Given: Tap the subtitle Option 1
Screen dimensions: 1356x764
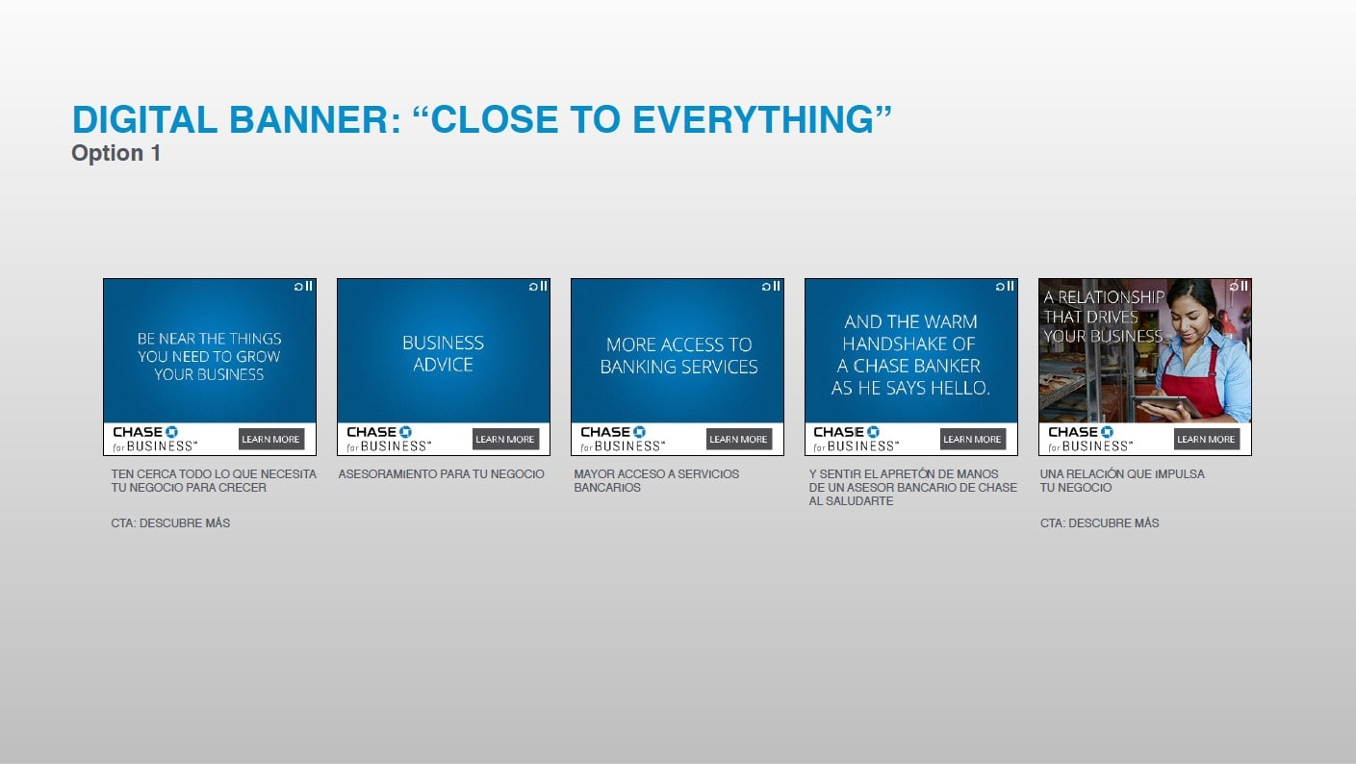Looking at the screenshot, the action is (x=116, y=153).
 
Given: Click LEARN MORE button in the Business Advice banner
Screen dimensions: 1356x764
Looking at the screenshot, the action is (x=505, y=439).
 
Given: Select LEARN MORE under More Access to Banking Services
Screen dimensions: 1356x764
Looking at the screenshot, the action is (x=738, y=439).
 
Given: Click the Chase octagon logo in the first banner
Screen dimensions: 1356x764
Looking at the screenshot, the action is (x=172, y=432).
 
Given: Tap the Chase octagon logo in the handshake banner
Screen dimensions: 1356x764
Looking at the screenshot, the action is (x=873, y=432).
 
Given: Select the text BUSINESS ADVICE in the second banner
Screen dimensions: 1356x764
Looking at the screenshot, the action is (x=443, y=353).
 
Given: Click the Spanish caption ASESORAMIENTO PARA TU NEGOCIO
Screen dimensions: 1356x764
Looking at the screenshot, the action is (x=442, y=474).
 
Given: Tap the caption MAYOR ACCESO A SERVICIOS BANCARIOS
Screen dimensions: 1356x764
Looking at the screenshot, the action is (x=656, y=481).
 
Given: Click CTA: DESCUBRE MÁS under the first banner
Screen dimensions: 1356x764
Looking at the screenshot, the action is (x=170, y=523).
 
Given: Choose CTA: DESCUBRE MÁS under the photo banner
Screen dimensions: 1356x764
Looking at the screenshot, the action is (x=1099, y=523).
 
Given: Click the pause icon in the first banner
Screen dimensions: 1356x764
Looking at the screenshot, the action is (x=309, y=286).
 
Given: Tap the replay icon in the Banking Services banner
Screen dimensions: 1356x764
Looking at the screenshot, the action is (x=766, y=287).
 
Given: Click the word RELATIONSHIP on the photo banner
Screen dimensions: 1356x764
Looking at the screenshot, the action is (x=1112, y=297).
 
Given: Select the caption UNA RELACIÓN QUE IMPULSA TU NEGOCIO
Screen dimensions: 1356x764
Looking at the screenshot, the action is (x=1122, y=481).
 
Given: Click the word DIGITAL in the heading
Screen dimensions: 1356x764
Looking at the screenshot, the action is (x=144, y=119).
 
